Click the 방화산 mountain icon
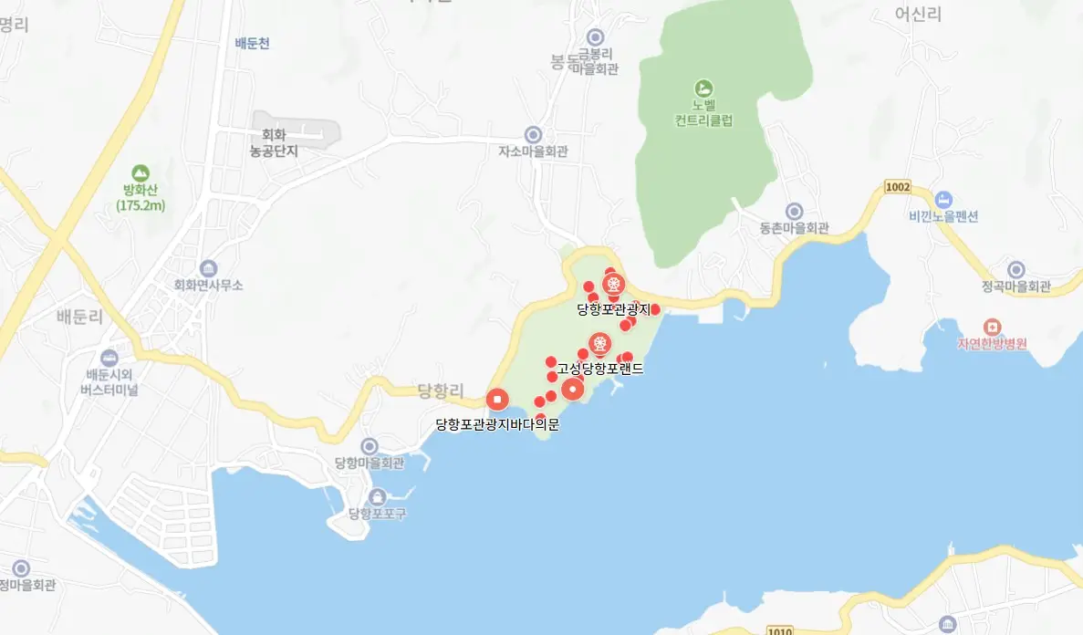click(140, 172)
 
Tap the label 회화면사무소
click(209, 285)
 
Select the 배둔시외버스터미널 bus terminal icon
click(109, 358)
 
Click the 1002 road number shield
click(898, 187)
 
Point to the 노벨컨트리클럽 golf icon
click(703, 88)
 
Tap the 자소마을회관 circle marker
click(534, 134)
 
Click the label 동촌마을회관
click(794, 228)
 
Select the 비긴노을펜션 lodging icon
click(943, 199)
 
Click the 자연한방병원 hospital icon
click(992, 327)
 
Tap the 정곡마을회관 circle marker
click(1016, 270)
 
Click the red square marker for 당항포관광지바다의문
click(497, 399)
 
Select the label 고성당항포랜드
click(600, 370)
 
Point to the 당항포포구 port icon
click(377, 496)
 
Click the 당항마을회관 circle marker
click(369, 446)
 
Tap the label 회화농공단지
click(274, 143)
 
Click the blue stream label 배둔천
click(252, 43)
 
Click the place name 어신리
click(918, 14)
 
